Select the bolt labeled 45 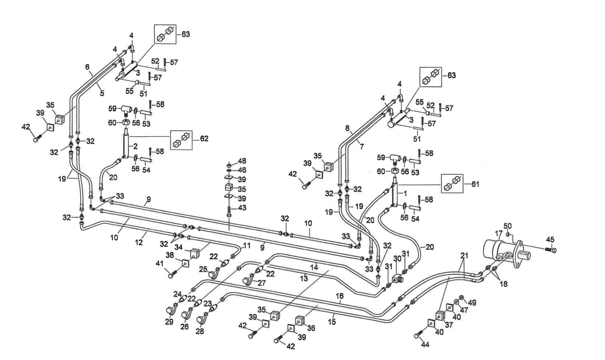coord(553,250)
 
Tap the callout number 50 coord(507,226)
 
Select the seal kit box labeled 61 coord(451,184)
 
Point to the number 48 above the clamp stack coord(242,161)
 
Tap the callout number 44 coord(425,345)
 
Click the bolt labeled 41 coord(171,274)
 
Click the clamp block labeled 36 coord(300,320)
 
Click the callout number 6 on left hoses coord(87,67)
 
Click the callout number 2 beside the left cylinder coord(136,146)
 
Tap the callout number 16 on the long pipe coord(340,296)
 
